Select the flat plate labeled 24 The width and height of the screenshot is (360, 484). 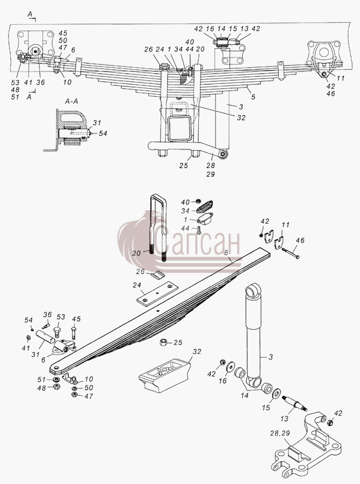tap(157, 293)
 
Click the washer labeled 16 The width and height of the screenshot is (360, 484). tap(230, 368)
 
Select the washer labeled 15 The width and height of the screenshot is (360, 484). tap(277, 393)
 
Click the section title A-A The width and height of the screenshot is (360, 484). tap(71, 101)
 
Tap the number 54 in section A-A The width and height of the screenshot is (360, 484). tap(103, 133)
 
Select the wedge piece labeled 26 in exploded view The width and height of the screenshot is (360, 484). tap(158, 274)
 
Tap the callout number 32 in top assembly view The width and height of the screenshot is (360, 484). tap(241, 118)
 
